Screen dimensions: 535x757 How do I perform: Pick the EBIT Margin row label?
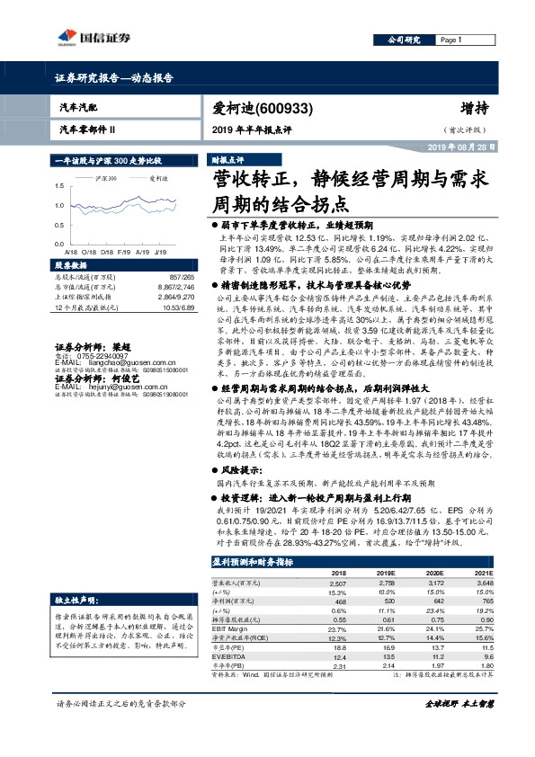233,627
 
